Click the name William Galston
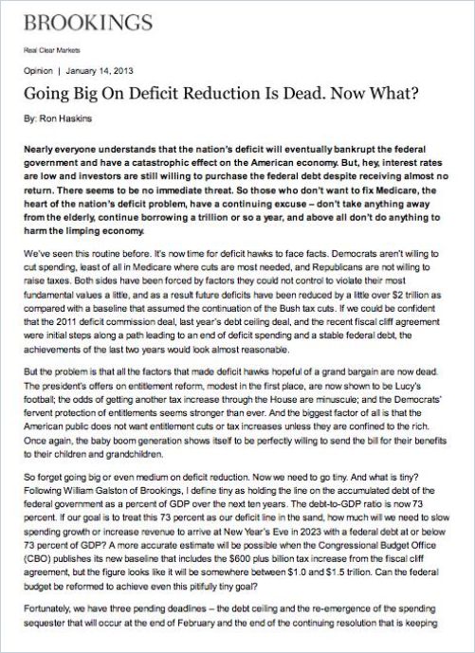coord(102,512)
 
